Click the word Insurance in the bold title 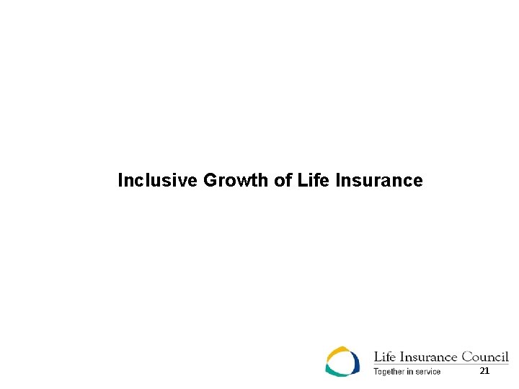[378, 180]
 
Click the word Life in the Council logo [383, 357]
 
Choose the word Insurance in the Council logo [427, 357]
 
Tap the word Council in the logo [485, 357]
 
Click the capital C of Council [467, 357]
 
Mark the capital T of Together [376, 372]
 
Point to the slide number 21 [484, 370]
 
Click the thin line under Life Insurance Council [440, 365]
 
